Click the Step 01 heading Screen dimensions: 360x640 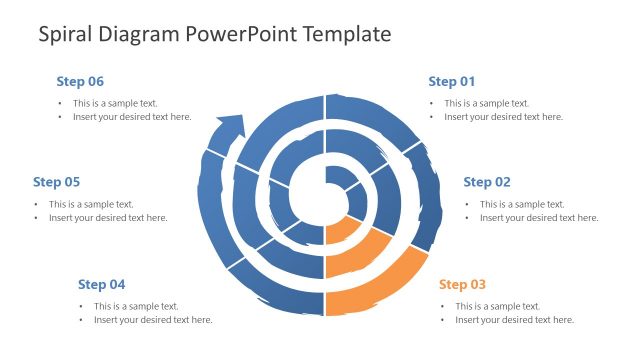coord(451,81)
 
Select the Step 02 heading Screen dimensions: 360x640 coord(487,182)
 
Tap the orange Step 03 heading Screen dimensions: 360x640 coord(462,284)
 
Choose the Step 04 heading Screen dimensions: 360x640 coord(101,284)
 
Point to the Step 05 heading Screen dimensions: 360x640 coord(56,182)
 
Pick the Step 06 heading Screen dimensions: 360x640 coord(80,81)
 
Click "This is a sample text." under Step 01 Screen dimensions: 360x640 coord(487,103)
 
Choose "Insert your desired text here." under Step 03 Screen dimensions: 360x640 coord(514,320)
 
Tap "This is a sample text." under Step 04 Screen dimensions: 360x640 coord(136,306)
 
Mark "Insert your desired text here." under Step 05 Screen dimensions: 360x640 coord(108,218)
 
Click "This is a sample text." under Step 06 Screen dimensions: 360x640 coord(115,103)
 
